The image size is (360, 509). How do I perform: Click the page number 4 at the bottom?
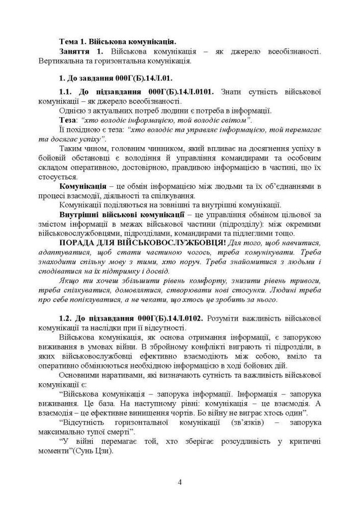coord(180,482)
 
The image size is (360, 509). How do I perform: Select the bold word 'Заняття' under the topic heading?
coord(76,52)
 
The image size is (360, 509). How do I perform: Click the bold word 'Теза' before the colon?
coord(68,120)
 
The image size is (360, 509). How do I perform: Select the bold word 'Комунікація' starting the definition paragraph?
coord(82,186)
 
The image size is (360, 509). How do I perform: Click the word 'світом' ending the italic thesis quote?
coord(236,120)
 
